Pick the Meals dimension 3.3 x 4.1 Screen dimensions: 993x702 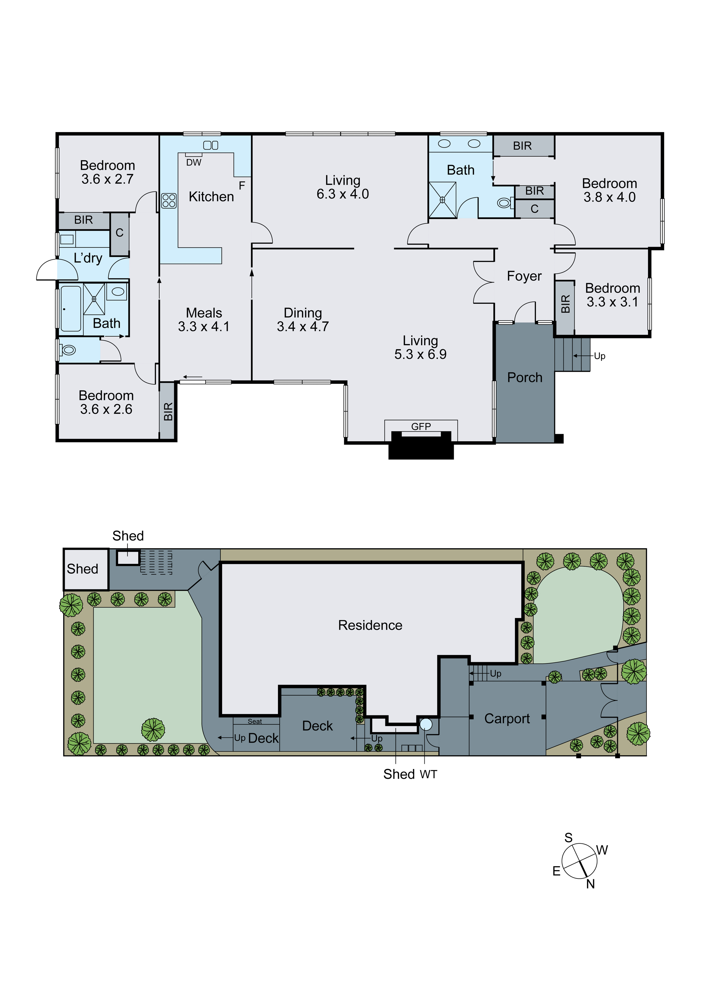point(204,326)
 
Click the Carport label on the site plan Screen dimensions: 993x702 point(507,718)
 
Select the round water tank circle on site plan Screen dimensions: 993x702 point(426,724)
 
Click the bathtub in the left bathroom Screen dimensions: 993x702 point(70,308)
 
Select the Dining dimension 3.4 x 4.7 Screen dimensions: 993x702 point(303,326)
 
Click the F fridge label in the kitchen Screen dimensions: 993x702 point(242,186)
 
